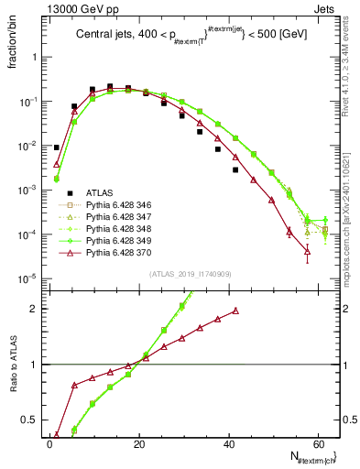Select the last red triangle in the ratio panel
(x=236, y=311)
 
